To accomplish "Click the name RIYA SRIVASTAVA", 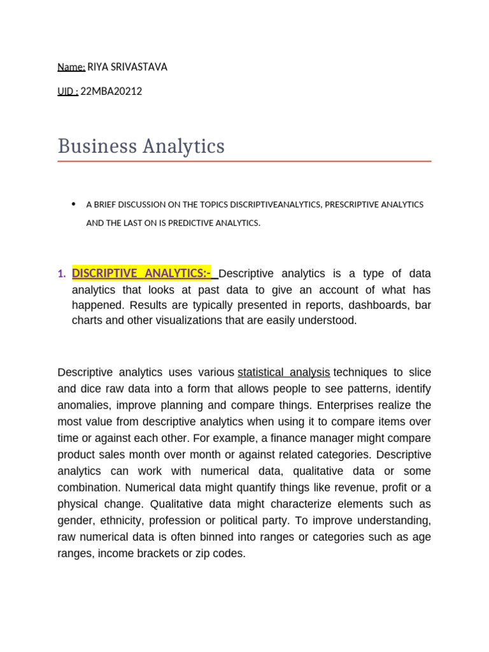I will pos(127,67).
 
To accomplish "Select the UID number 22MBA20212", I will pos(111,91).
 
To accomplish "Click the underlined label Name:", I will pos(71,67).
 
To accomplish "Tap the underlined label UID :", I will pos(67,91).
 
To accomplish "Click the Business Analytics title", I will pos(141,146).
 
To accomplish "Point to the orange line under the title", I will pos(244,162).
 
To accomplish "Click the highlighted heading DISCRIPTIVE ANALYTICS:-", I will pos(141,274).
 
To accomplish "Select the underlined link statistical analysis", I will pos(283,372).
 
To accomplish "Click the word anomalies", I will pos(85,406).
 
